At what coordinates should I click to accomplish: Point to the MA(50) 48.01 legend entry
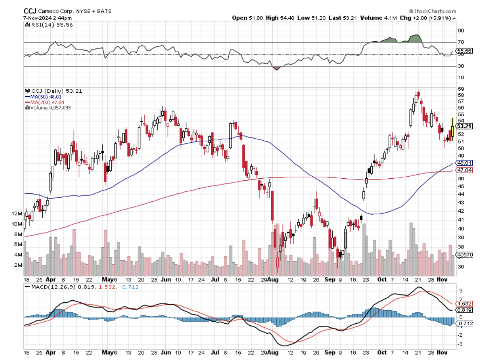tap(43, 96)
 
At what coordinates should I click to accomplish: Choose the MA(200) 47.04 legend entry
tap(45, 102)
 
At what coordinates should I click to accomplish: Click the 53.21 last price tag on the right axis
tap(464, 126)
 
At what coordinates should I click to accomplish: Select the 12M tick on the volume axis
tap(17, 213)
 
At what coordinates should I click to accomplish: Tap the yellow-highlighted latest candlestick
tap(452, 129)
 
